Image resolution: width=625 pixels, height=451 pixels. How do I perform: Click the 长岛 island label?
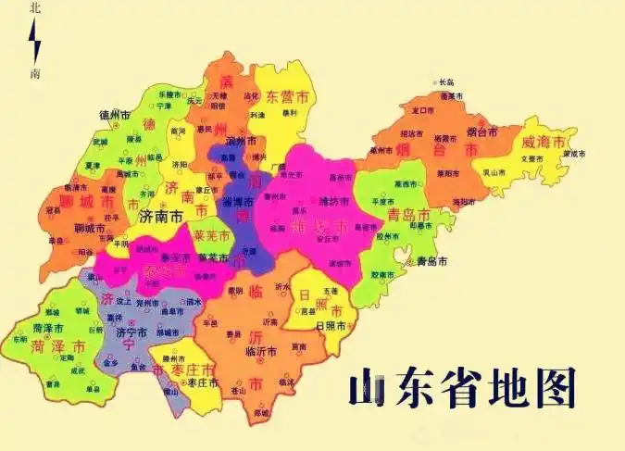coord(447,81)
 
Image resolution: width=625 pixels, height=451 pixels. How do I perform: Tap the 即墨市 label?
coord(421,225)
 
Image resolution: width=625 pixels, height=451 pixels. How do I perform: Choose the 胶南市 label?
coord(383,274)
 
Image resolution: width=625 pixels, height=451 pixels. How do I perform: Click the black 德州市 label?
coord(118,115)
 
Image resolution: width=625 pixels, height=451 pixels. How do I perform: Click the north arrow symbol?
coord(35,42)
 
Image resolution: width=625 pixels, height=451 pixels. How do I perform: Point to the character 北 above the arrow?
coord(35,8)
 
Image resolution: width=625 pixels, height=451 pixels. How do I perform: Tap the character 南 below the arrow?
coord(35,73)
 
